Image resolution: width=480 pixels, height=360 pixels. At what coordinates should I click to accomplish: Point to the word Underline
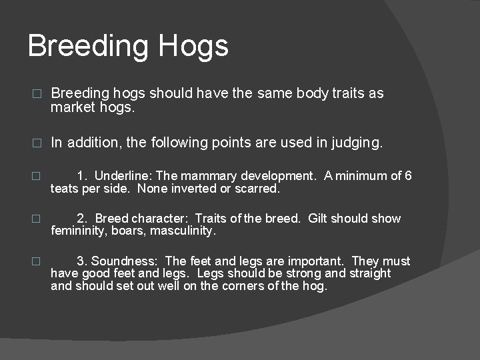(123, 176)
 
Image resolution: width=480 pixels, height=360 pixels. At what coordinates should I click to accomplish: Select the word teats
(65, 189)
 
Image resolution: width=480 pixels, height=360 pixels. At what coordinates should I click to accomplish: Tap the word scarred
(258, 189)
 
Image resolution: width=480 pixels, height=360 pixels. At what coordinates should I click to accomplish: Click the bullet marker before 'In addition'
(37, 143)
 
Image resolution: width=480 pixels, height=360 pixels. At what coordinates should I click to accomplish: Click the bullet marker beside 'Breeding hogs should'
(37, 94)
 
